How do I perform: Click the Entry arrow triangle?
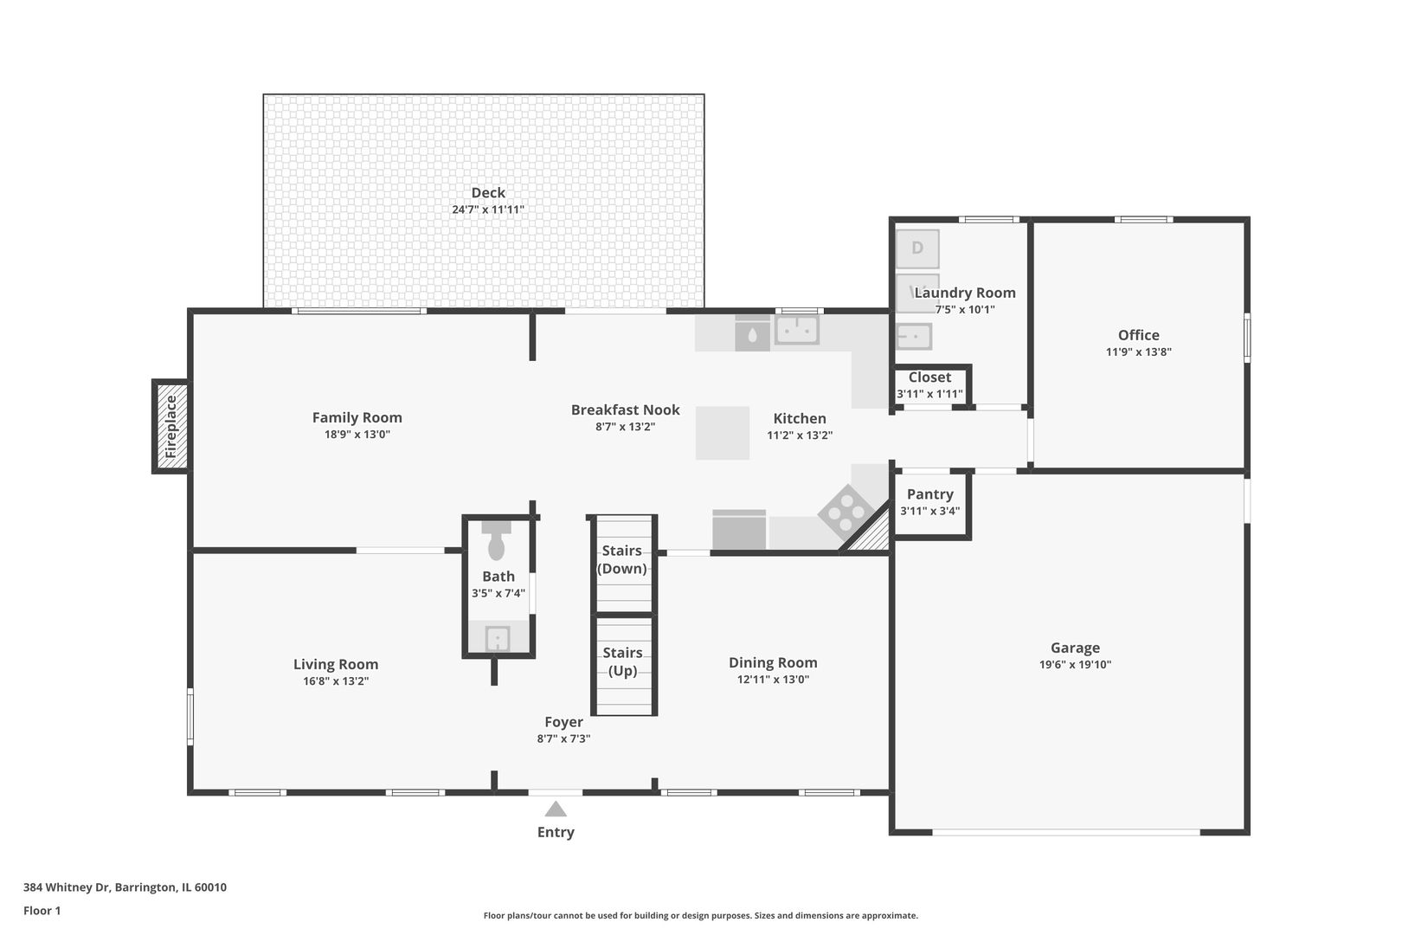(555, 809)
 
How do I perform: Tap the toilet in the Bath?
(497, 540)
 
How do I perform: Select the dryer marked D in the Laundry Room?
(917, 248)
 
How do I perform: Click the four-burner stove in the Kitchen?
(846, 513)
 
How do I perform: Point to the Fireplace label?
(170, 427)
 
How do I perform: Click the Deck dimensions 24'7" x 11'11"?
(488, 210)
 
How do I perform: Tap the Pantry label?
(930, 494)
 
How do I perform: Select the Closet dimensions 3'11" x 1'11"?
(929, 394)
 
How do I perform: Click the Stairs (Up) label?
(623, 661)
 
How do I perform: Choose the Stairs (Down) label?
(621, 559)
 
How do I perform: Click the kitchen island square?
(723, 433)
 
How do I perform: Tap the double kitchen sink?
(797, 329)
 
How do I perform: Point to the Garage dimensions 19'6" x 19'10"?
(1075, 665)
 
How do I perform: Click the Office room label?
(1139, 335)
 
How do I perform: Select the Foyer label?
(563, 722)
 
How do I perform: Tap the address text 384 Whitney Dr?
(67, 887)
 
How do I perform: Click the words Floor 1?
(42, 911)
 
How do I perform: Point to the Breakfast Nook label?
(625, 409)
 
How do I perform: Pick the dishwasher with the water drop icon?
(752, 333)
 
